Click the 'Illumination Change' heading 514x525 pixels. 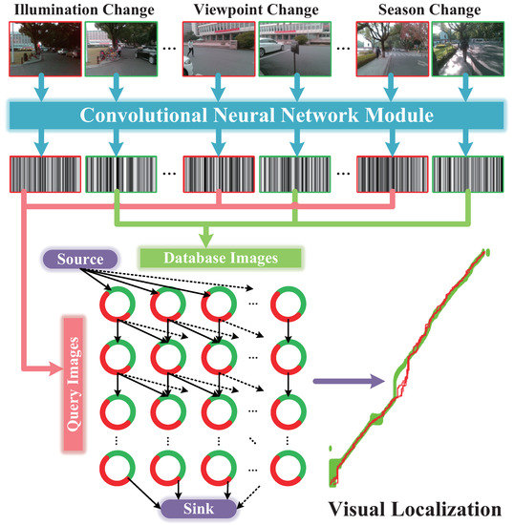[83, 11]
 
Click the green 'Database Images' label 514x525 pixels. [222, 258]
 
